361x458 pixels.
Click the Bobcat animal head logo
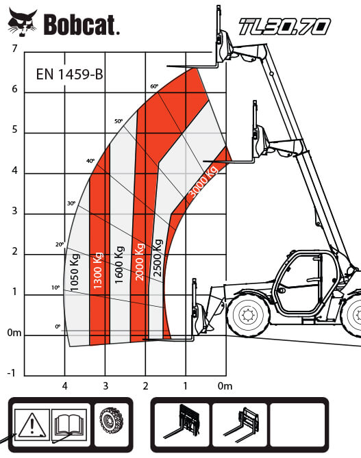tap(23, 22)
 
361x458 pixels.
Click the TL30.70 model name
tap(285, 26)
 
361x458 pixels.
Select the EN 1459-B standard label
tap(70, 74)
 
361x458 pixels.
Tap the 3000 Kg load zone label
tap(203, 181)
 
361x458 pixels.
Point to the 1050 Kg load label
tap(75, 272)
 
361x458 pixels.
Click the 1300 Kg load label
tap(98, 270)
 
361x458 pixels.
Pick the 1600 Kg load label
tap(119, 265)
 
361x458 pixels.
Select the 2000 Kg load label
tap(140, 262)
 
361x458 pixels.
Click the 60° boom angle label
tap(154, 86)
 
